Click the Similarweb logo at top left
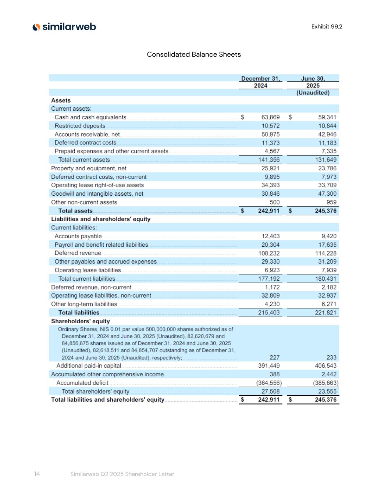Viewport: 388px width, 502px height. pos(64,27)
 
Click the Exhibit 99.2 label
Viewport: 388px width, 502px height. pos(327,26)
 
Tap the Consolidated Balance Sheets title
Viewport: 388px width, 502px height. pos(194,54)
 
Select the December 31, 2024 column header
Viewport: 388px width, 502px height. pos(260,82)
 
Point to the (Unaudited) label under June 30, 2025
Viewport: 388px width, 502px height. pos(313,93)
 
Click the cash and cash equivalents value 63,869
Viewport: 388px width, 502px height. pos(270,117)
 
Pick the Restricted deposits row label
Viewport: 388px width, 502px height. pos(80,126)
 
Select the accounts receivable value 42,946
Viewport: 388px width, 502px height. pos(327,134)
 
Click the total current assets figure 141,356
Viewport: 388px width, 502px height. pos(268,160)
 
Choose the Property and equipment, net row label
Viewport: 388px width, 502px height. pos(89,168)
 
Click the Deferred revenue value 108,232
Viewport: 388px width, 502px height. pos(269,253)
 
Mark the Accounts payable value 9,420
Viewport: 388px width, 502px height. pos(329,236)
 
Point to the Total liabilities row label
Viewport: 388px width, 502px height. pos(79,313)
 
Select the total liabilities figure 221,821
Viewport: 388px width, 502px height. pos(325,313)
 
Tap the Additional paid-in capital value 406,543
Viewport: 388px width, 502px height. pos(325,366)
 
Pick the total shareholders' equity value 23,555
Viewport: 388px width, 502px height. pos(327,391)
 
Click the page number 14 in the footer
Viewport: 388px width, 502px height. pos(37,474)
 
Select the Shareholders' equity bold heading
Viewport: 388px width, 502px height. pos(80,321)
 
